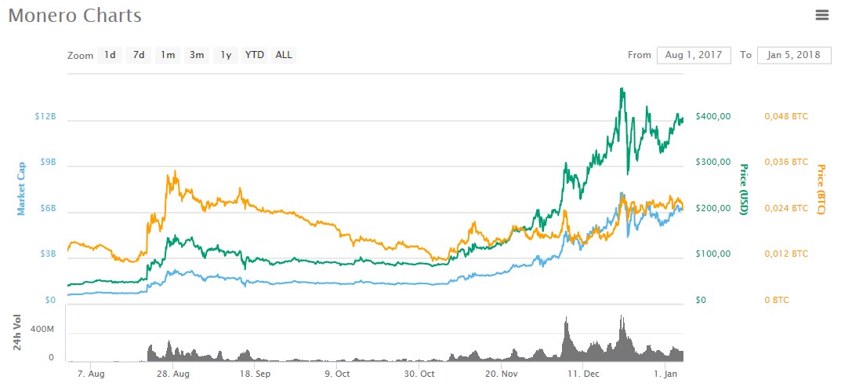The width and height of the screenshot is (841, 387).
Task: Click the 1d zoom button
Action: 111,55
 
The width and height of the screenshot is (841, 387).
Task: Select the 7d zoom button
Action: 139,55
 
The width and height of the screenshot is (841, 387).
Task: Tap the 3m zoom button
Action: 197,55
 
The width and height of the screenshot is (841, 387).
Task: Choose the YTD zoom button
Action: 255,55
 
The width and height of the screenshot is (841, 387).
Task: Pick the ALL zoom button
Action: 284,55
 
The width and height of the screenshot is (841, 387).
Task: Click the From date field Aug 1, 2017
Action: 694,55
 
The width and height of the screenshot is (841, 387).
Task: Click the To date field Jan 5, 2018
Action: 794,55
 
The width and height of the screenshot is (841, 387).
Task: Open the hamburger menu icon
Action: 822,15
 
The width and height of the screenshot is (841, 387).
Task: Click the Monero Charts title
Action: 75,16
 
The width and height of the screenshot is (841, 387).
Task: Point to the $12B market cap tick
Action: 45,116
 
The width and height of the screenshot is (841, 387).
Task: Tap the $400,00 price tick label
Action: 713,116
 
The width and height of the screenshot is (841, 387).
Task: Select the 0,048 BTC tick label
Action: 786,116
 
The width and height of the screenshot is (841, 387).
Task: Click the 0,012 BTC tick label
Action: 786,254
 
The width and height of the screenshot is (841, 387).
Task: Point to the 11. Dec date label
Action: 583,374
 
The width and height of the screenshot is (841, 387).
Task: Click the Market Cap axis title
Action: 22,188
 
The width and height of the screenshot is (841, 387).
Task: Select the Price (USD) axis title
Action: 745,189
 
